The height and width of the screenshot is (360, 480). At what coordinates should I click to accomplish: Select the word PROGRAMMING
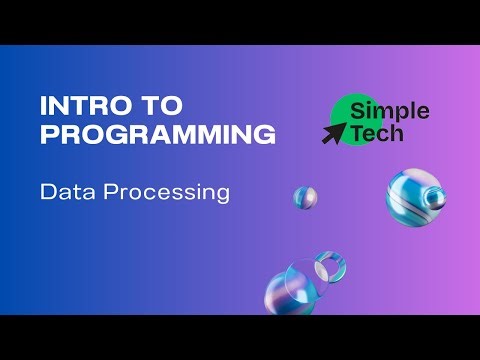pos(157,134)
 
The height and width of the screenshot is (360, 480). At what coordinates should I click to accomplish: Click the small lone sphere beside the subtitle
pos(305,197)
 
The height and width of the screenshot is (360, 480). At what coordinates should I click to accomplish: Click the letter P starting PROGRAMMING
pos(49,134)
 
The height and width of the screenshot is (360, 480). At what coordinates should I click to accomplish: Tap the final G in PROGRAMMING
pos(265,134)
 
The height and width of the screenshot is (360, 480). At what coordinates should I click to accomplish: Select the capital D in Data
pos(47,191)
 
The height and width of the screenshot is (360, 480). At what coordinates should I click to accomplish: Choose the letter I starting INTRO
pos(43,106)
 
